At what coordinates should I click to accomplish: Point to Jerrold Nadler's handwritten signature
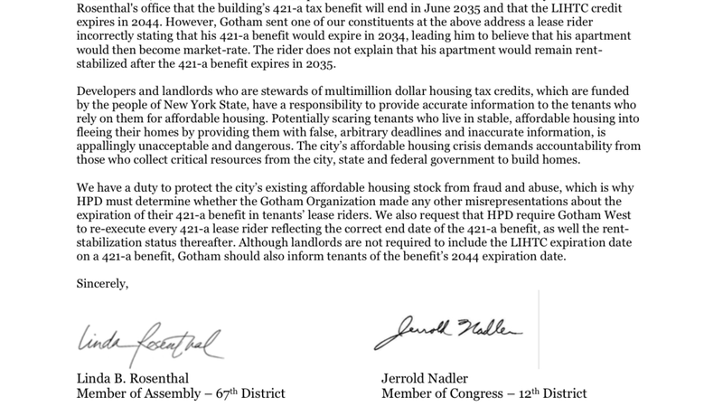pyautogui.click(x=447, y=334)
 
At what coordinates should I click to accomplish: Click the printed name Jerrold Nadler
pyautogui.click(x=432, y=378)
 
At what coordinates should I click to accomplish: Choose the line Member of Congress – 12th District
pyautogui.click(x=484, y=393)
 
